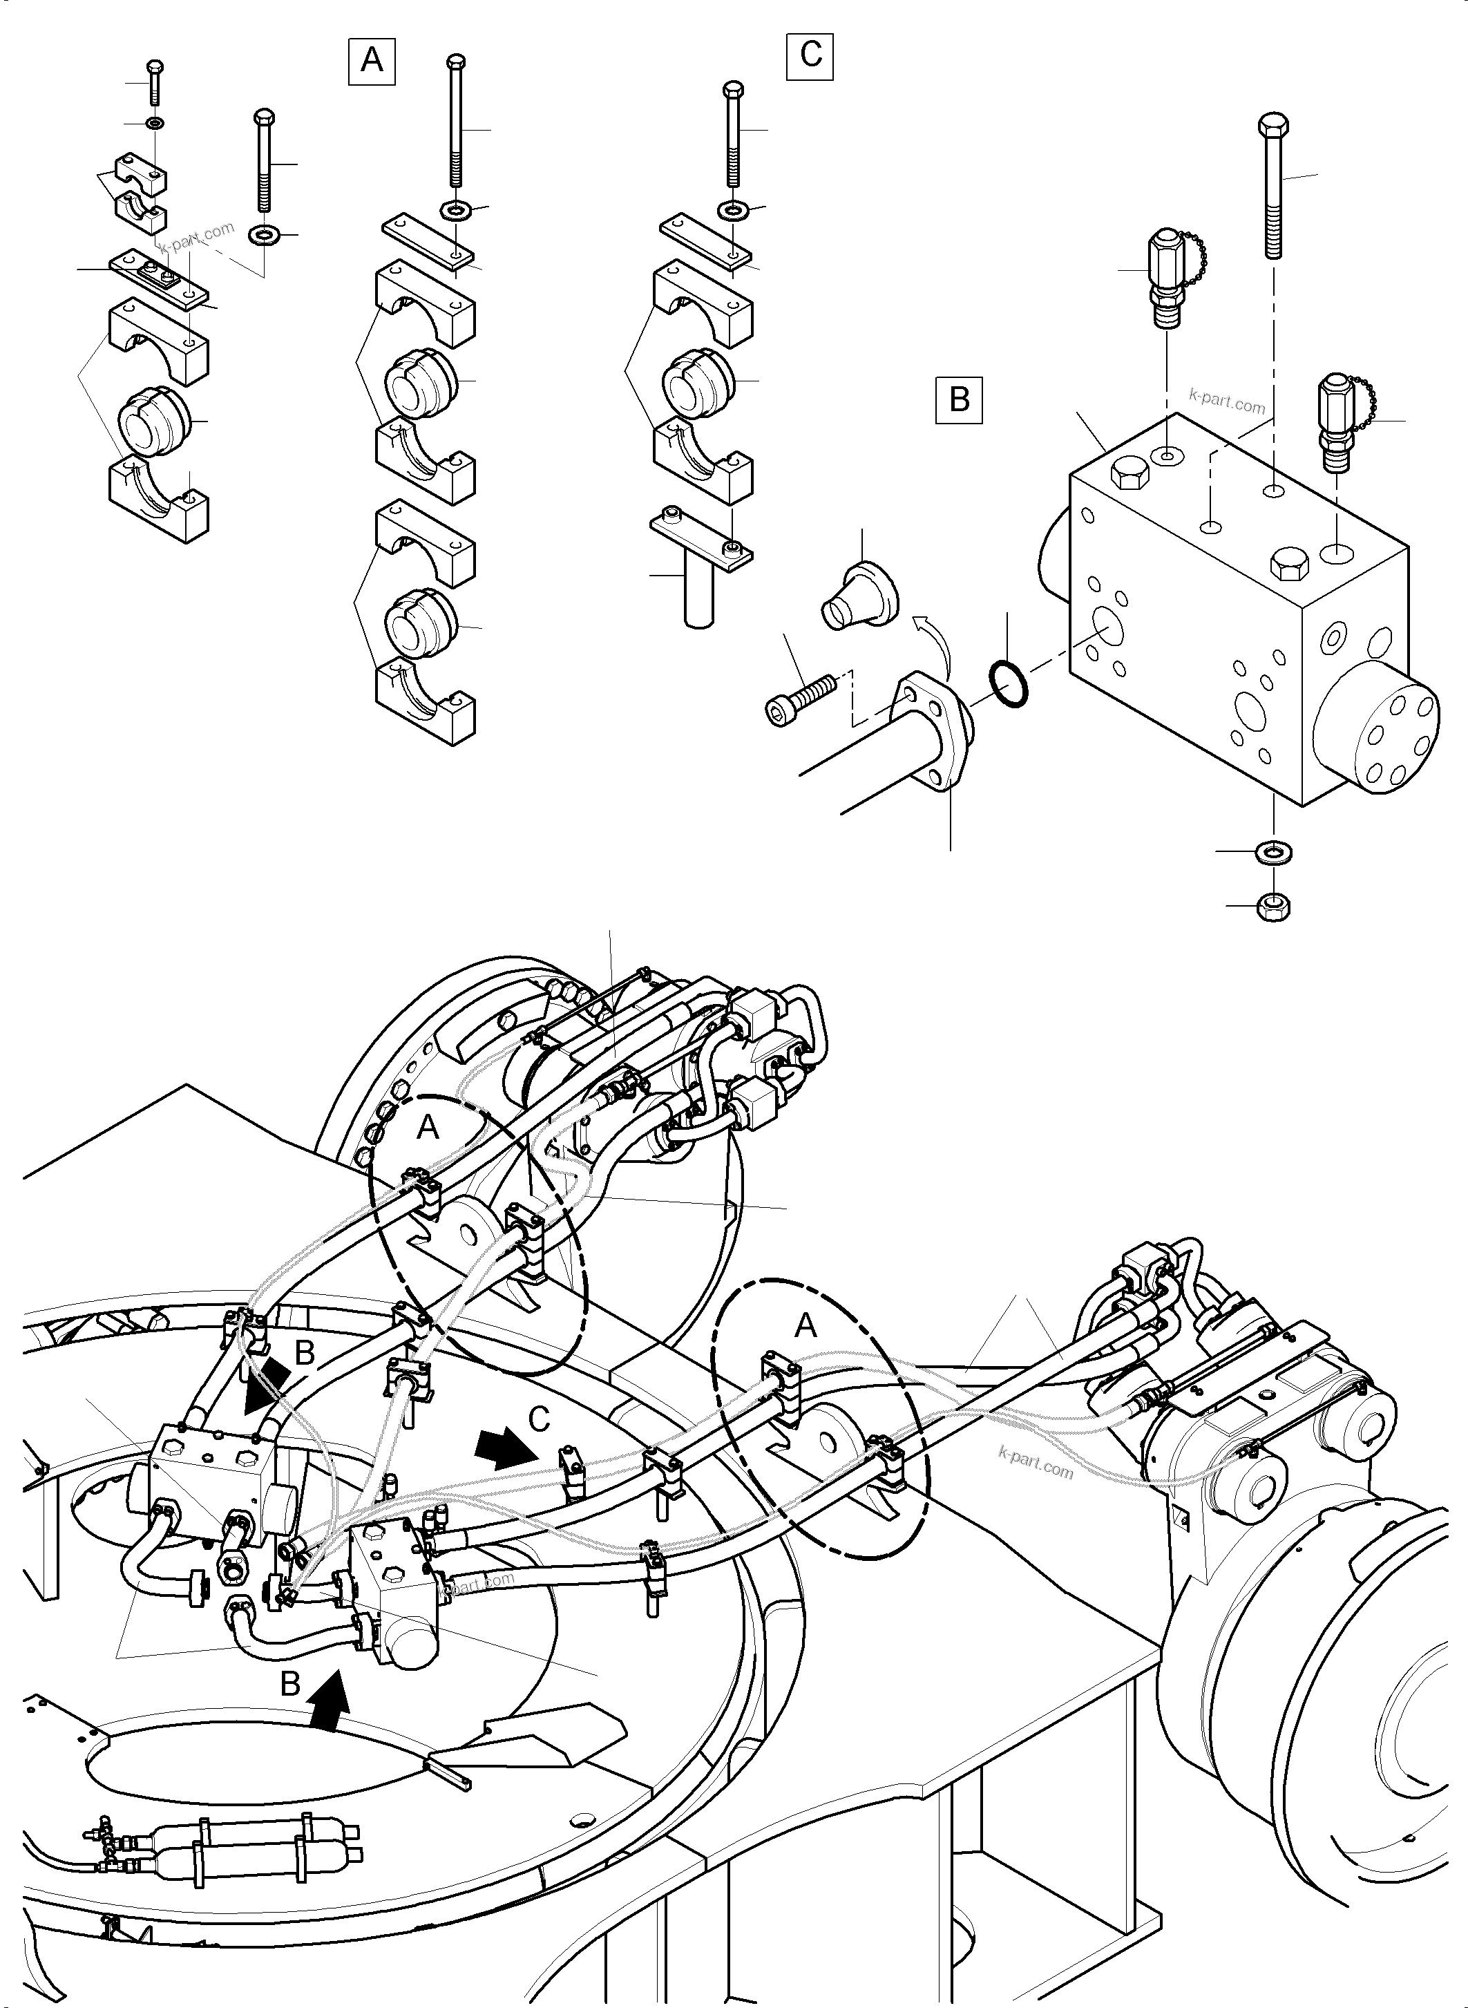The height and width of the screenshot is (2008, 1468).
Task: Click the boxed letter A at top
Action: click(x=372, y=60)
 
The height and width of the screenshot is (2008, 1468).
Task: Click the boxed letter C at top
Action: click(x=810, y=55)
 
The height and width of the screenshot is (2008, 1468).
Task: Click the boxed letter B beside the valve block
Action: click(x=959, y=399)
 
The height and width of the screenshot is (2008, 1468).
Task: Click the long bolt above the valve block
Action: click(x=1272, y=187)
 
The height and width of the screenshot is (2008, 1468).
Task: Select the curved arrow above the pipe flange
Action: click(x=935, y=633)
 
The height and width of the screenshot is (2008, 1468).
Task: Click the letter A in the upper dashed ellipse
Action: click(x=428, y=1127)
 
